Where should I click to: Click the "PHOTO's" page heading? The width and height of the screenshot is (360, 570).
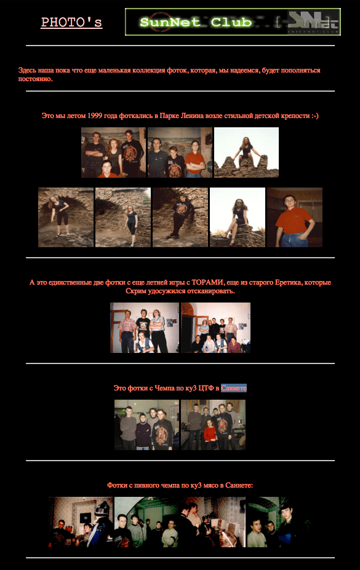[71, 22]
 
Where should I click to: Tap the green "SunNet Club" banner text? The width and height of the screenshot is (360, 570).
[196, 22]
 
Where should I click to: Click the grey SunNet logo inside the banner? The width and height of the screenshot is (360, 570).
[313, 22]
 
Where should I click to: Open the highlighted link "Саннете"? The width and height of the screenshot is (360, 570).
[234, 388]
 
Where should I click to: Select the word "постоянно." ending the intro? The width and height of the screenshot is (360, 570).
[36, 79]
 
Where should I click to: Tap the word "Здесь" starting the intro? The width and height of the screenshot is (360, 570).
[27, 70]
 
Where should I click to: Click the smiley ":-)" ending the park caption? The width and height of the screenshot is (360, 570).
[315, 116]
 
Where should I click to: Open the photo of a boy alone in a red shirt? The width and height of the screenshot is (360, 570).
[295, 218]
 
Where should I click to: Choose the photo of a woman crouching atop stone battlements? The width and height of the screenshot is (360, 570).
[247, 152]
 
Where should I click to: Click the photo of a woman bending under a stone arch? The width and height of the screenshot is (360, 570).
[66, 218]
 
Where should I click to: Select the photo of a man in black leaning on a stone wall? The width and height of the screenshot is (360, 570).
[180, 218]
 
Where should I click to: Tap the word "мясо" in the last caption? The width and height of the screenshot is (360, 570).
[209, 485]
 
